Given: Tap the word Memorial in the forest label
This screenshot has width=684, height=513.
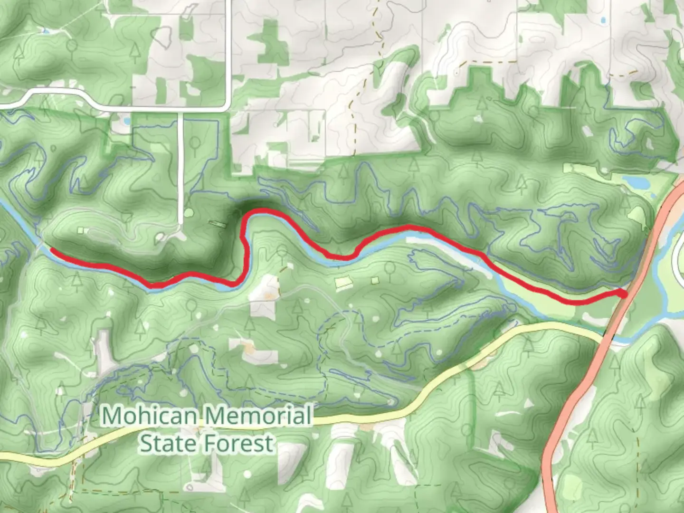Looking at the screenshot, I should tap(259, 416).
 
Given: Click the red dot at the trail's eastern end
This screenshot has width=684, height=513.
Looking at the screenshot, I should tap(623, 294).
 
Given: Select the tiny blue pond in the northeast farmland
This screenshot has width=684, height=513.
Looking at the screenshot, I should tap(603, 20).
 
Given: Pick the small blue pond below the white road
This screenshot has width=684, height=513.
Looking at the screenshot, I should tap(127, 121).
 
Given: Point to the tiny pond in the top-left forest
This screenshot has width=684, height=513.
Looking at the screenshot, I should tap(45, 31).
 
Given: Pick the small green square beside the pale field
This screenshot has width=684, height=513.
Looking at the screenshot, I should tap(375, 280).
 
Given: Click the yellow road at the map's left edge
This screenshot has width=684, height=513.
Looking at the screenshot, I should tap(4, 456).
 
